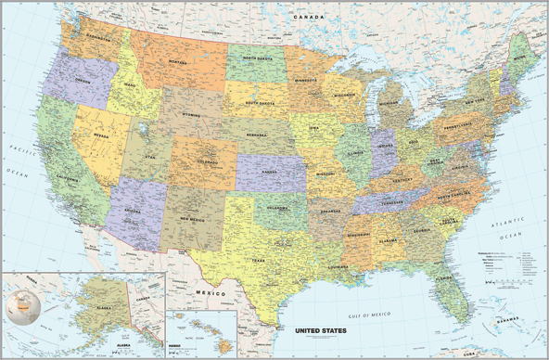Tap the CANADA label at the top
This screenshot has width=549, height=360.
click(x=310, y=17)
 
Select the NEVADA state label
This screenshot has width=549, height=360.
click(x=99, y=135)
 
